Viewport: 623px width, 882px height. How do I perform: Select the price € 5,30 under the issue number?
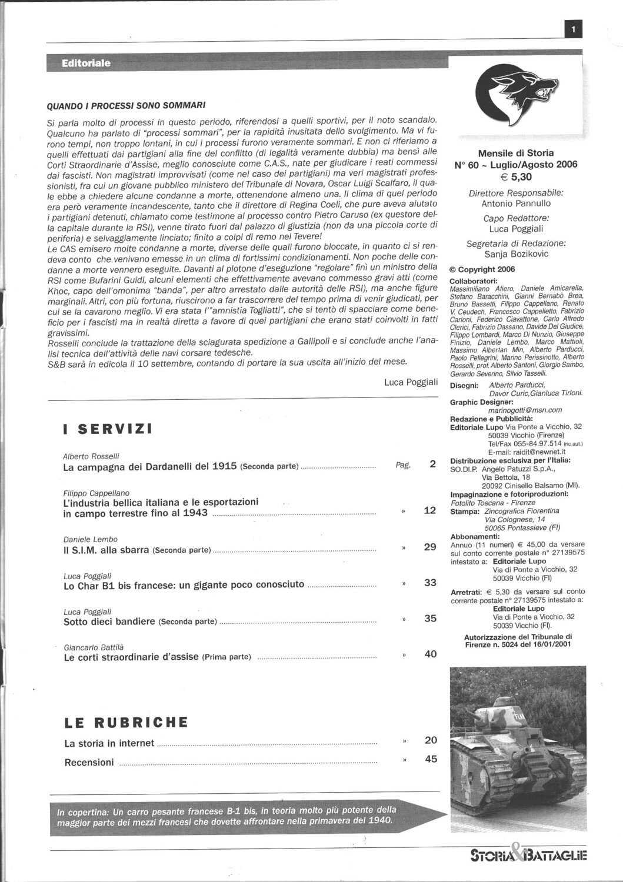(516, 176)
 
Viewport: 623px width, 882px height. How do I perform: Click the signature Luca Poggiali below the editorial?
(411, 382)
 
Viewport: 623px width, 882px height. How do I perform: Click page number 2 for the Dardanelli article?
(432, 464)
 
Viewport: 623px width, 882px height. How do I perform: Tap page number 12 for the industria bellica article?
(430, 510)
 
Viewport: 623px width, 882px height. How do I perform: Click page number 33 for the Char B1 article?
(430, 583)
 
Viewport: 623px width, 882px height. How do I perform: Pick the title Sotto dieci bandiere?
(109, 621)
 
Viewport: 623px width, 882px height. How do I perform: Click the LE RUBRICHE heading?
(126, 721)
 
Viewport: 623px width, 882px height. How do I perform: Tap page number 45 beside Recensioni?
(431, 759)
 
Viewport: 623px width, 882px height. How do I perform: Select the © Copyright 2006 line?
(482, 269)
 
